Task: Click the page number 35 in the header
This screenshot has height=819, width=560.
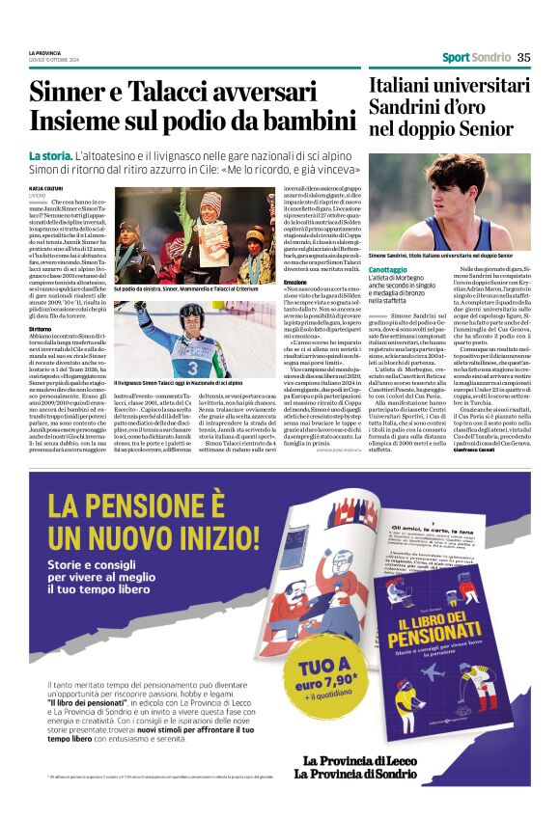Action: coord(524,57)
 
